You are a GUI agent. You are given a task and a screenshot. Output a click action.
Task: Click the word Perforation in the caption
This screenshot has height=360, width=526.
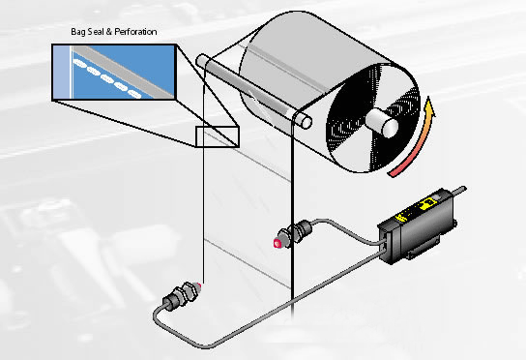pyautogui.click(x=135, y=32)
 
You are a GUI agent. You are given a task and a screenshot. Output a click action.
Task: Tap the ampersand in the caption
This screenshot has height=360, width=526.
pyautogui.click(x=109, y=32)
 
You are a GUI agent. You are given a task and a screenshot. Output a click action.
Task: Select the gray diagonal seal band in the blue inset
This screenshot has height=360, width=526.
pyautogui.click(x=124, y=72)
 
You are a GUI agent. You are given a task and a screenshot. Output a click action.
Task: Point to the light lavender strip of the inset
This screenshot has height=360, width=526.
pyautogui.click(x=61, y=73)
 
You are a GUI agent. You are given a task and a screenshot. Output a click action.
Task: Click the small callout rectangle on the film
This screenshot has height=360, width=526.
pyautogui.click(x=218, y=136)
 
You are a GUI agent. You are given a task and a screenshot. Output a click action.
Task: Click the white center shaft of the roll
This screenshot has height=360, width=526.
pyautogui.click(x=383, y=123)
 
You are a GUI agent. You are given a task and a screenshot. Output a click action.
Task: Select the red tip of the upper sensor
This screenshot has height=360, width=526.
pyautogui.click(x=278, y=244)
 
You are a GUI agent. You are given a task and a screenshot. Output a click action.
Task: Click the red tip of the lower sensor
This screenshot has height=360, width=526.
pyautogui.click(x=200, y=285)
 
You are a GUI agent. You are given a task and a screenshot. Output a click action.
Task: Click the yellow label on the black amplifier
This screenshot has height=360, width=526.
pyautogui.click(x=416, y=210)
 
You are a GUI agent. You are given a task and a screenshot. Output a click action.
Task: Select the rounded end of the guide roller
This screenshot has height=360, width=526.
pyautogui.click(x=306, y=122)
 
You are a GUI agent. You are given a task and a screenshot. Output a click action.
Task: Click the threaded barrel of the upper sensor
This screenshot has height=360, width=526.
pyautogui.click(x=295, y=232)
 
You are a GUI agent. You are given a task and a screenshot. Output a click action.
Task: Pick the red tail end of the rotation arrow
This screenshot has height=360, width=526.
pyautogui.click(x=391, y=174)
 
